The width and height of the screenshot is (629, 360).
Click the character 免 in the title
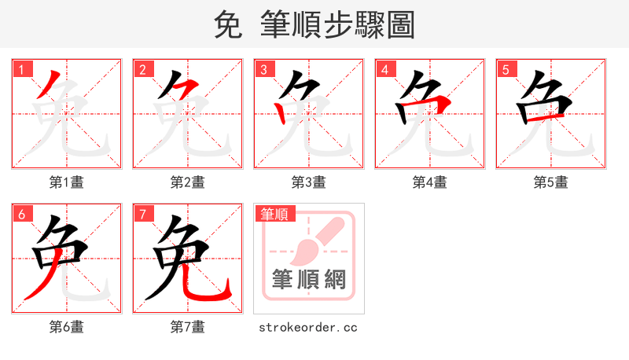pos(227,25)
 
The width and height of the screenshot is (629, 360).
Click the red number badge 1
pos(21,69)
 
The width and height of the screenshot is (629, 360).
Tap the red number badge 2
pos(142,69)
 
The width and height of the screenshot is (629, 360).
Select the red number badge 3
pos(263,69)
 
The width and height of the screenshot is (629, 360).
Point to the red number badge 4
pos(384,69)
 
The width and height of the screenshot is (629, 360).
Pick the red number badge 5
pos(506,69)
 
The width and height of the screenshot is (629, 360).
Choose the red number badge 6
pos(21,214)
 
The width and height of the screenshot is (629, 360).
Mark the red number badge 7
pos(142,214)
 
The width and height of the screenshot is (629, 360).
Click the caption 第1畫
pos(67,182)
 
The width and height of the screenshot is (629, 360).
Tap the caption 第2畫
pos(188,182)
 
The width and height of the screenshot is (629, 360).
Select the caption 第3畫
pos(309,182)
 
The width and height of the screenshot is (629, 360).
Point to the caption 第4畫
pos(430,182)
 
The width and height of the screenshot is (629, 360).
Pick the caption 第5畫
pos(551,182)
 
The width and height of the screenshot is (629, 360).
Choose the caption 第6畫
pos(67,327)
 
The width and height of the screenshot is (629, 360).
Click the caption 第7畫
pos(188,327)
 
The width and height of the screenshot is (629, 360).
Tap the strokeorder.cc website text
pos(308,327)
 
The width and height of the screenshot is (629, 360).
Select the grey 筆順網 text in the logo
pos(309,279)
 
